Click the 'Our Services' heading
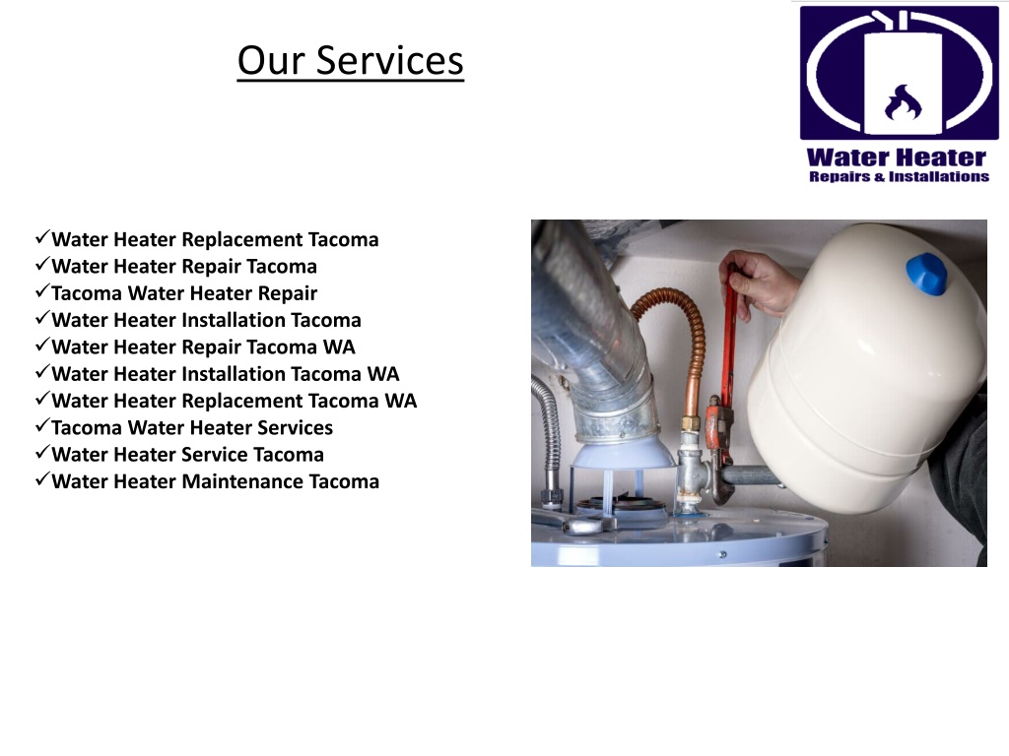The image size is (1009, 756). click(350, 61)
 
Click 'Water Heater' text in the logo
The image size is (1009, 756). click(896, 157)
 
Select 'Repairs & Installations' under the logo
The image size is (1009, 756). click(898, 177)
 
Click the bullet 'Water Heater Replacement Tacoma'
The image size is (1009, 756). click(215, 239)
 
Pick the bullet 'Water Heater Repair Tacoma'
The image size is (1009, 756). click(184, 266)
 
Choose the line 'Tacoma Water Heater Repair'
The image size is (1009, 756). click(184, 292)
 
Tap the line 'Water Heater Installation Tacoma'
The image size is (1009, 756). click(206, 320)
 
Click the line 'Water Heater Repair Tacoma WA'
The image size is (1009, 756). click(203, 346)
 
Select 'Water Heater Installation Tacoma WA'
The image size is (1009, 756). click(225, 374)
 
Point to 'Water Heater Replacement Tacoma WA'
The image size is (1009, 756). click(234, 401)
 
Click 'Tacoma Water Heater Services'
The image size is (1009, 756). click(192, 427)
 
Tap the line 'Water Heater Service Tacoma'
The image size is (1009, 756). click(187, 455)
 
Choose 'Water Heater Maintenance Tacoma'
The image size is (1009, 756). click(215, 481)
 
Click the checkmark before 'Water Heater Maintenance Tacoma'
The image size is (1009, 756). click(41, 480)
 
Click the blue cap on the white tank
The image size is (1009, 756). click(928, 273)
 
